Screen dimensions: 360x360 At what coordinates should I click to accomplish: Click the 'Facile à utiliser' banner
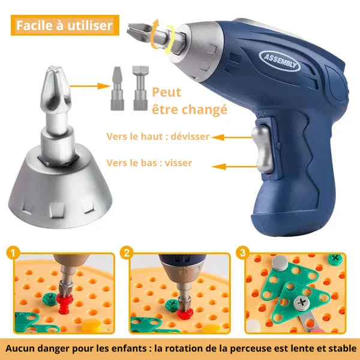(64, 26)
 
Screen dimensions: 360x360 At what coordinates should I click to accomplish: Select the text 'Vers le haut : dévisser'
(158, 137)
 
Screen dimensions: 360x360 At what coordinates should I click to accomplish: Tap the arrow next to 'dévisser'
(227, 137)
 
